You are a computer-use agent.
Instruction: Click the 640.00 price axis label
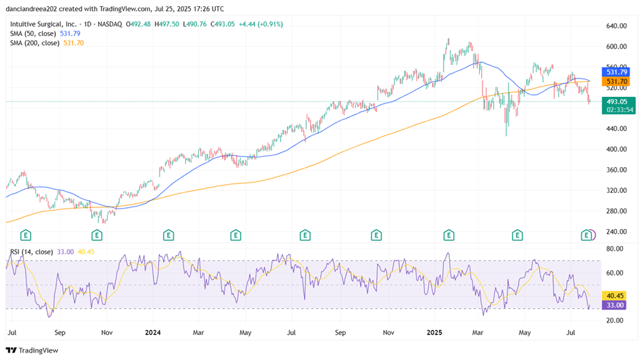point(616,26)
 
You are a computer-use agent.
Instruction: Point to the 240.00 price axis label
point(616,232)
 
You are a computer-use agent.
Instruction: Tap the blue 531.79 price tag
point(615,72)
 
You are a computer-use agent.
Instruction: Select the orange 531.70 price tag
point(615,81)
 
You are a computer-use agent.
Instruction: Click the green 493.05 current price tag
point(615,102)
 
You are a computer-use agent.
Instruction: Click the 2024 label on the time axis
point(153,333)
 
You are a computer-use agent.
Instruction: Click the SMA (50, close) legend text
point(32,33)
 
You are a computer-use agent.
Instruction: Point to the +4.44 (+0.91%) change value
point(260,24)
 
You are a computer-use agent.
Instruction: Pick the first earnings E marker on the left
point(25,235)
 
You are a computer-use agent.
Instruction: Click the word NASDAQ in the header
point(109,24)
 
